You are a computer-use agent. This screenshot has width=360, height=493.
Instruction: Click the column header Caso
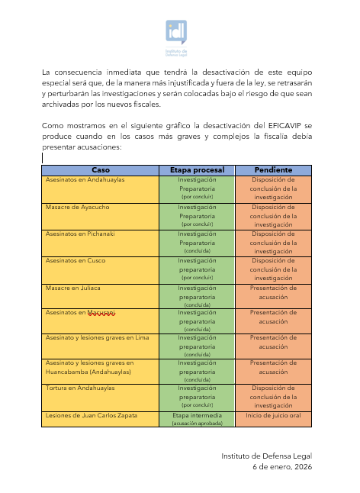tap(100, 169)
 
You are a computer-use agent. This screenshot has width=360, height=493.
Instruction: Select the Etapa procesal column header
tap(197, 169)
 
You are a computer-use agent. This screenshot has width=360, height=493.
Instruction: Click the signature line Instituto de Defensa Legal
tap(266, 456)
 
